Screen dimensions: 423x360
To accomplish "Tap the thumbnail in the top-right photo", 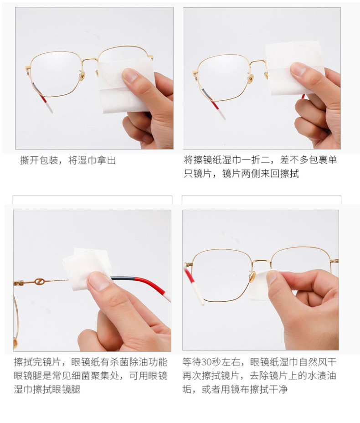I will point(298,69).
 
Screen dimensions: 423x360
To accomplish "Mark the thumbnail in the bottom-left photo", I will point(98,281).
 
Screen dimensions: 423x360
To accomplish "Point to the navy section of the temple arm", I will point(125,279).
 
